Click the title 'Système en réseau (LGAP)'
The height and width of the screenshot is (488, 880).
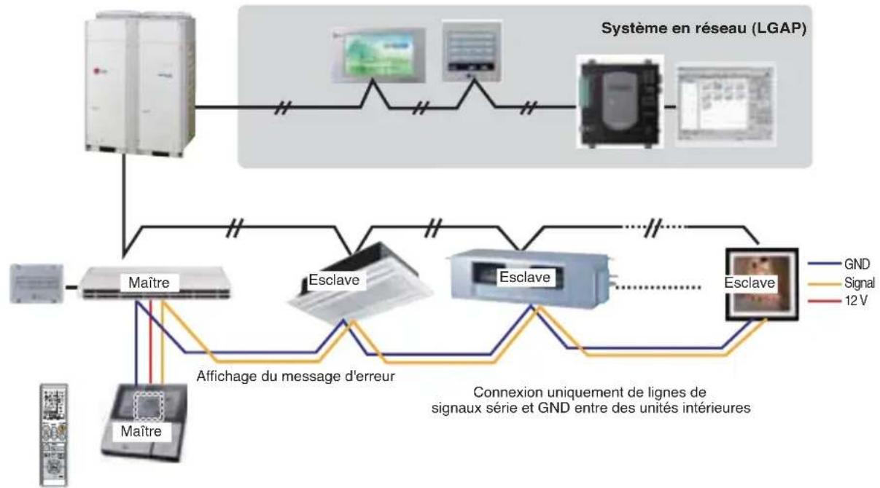(704, 28)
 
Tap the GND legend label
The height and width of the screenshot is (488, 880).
(857, 264)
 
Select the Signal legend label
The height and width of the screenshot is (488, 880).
(859, 283)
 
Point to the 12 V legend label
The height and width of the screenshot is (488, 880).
(856, 301)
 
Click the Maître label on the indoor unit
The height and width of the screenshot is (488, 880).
(149, 283)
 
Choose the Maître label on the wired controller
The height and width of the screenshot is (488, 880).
(141, 431)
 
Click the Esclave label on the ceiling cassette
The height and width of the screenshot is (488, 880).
(334, 280)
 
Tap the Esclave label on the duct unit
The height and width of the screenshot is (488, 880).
(524, 278)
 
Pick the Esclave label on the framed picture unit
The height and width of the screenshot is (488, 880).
(749, 283)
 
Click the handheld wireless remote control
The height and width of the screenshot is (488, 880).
(54, 435)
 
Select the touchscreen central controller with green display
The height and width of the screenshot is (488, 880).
(378, 55)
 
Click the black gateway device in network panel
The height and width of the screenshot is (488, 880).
(620, 102)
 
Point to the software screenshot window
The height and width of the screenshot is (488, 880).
(725, 104)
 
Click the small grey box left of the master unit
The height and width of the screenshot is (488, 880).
(36, 283)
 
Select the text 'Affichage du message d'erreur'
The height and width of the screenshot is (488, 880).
(295, 376)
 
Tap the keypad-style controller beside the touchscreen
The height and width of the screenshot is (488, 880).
(472, 51)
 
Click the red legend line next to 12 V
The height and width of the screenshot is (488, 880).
(824, 301)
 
